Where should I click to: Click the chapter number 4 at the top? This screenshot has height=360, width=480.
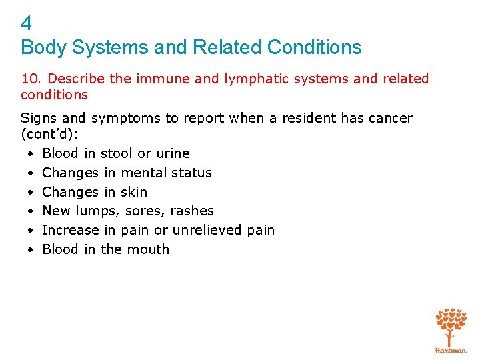[27, 24]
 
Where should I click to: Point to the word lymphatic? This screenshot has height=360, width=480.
[255, 79]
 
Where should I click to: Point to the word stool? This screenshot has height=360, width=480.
[116, 153]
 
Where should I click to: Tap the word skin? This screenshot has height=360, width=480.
[134, 192]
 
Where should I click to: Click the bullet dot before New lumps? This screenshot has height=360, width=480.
[31, 211]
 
